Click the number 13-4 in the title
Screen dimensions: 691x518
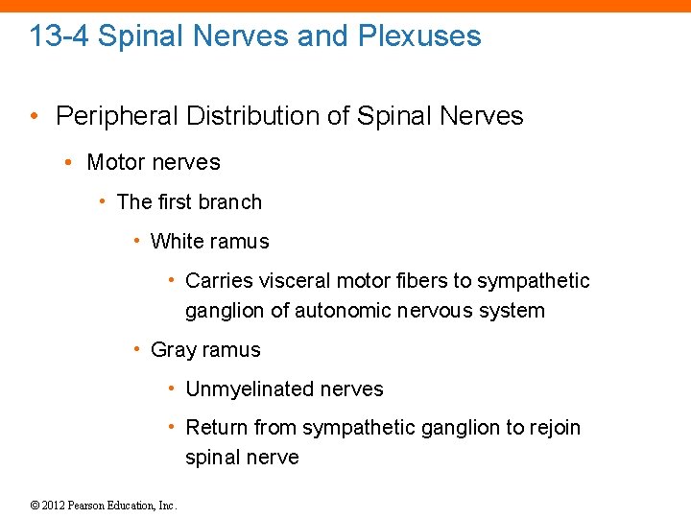click(x=60, y=36)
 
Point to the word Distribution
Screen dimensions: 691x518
click(x=252, y=116)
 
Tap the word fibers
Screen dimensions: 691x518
click(x=421, y=280)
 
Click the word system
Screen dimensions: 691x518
click(x=513, y=310)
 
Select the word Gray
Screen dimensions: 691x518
click(x=173, y=349)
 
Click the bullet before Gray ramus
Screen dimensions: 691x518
click(x=138, y=349)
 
